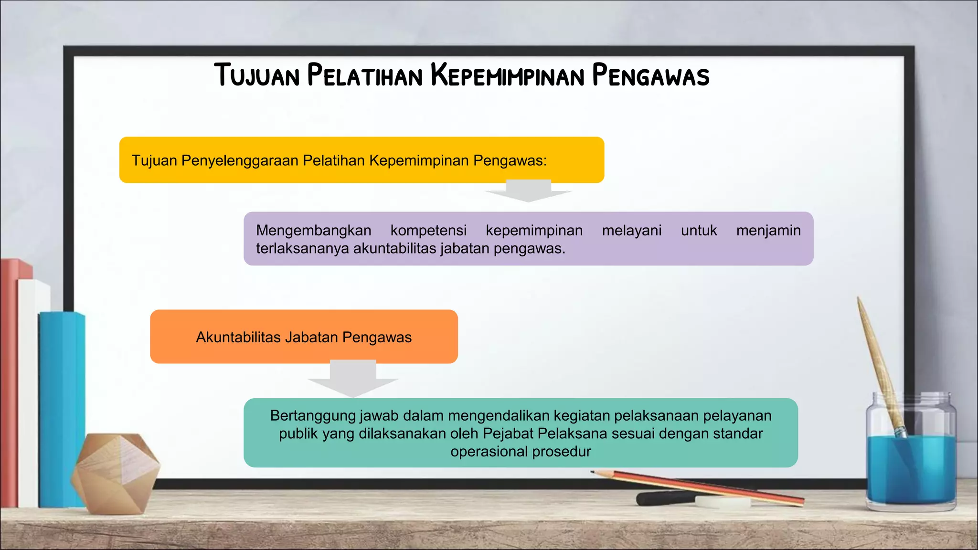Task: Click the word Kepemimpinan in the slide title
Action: tap(507, 75)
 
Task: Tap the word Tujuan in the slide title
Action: tap(257, 75)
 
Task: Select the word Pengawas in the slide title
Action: tap(650, 75)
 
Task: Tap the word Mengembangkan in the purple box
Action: tap(313, 231)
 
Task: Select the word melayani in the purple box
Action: tap(631, 231)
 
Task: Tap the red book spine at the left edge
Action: tap(9, 382)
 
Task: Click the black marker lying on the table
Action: tap(664, 498)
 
